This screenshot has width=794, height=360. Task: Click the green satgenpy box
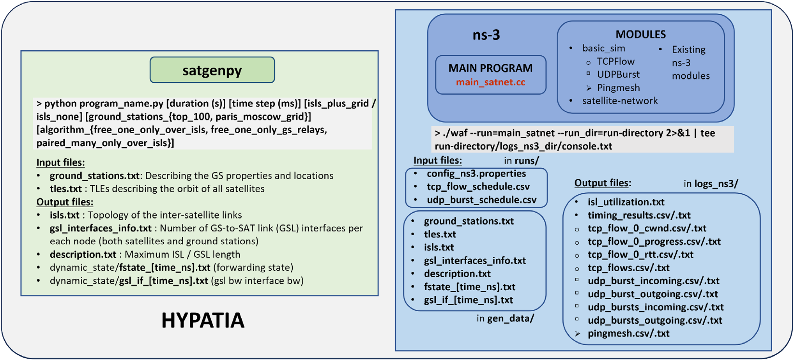212,70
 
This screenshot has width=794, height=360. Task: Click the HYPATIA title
203,320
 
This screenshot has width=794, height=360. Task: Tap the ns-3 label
486,35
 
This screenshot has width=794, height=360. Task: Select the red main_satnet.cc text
491,82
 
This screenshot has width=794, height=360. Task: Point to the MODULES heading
640,34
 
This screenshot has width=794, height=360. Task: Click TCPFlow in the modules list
616,62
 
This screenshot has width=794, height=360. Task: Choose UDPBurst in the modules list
618,74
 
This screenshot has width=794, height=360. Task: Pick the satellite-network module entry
620,101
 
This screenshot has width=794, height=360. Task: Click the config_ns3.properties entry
476,173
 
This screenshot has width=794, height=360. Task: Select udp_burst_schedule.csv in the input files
482,200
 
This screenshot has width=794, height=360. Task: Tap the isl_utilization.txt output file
626,202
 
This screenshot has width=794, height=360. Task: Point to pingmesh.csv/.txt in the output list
628,334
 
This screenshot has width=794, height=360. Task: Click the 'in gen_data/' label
505,319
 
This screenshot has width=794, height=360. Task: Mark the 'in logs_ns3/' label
711,184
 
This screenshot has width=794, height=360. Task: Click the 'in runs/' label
522,161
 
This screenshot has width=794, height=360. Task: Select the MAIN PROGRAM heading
490,68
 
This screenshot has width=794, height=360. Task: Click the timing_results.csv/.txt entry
639,215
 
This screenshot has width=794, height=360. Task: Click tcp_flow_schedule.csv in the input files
478,187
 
